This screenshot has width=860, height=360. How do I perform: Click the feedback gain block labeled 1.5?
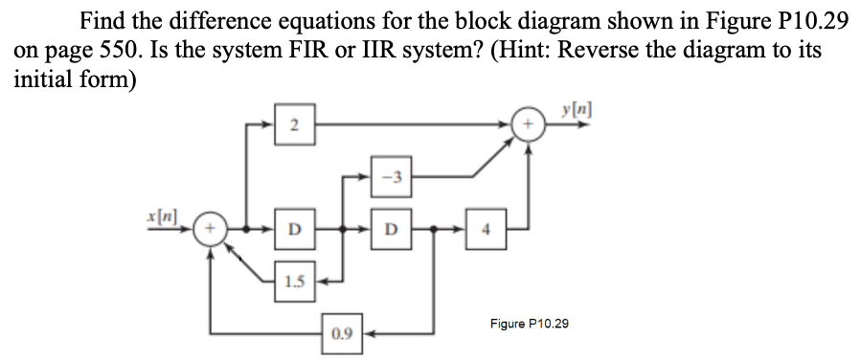[296, 281]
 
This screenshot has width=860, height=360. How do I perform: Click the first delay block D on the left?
[296, 230]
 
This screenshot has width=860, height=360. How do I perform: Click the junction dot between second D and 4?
[433, 230]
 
